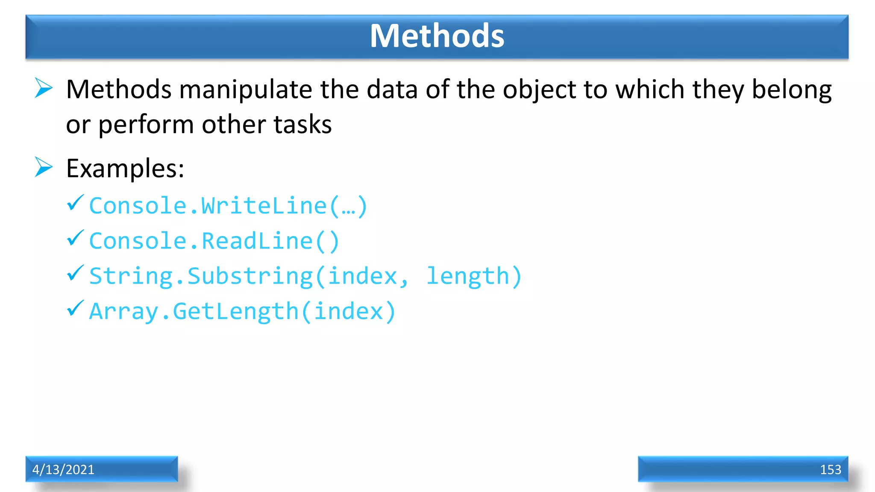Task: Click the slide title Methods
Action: [x=437, y=36]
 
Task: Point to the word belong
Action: [x=791, y=90]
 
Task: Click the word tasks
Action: [x=302, y=125]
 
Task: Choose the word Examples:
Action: [x=125, y=169]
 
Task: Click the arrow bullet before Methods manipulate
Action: [x=44, y=88]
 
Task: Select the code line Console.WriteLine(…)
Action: [x=228, y=206]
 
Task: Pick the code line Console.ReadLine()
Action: [x=214, y=241]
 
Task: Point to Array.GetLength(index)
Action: [x=242, y=311]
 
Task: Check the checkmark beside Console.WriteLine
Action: [x=75, y=203]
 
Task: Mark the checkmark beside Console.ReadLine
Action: [x=75, y=238]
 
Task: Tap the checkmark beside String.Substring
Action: [x=75, y=273]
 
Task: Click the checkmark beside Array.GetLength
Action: [x=75, y=308]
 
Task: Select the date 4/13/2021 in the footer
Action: [x=63, y=470]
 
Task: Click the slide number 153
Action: [x=830, y=470]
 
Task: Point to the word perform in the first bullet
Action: [x=146, y=125]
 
